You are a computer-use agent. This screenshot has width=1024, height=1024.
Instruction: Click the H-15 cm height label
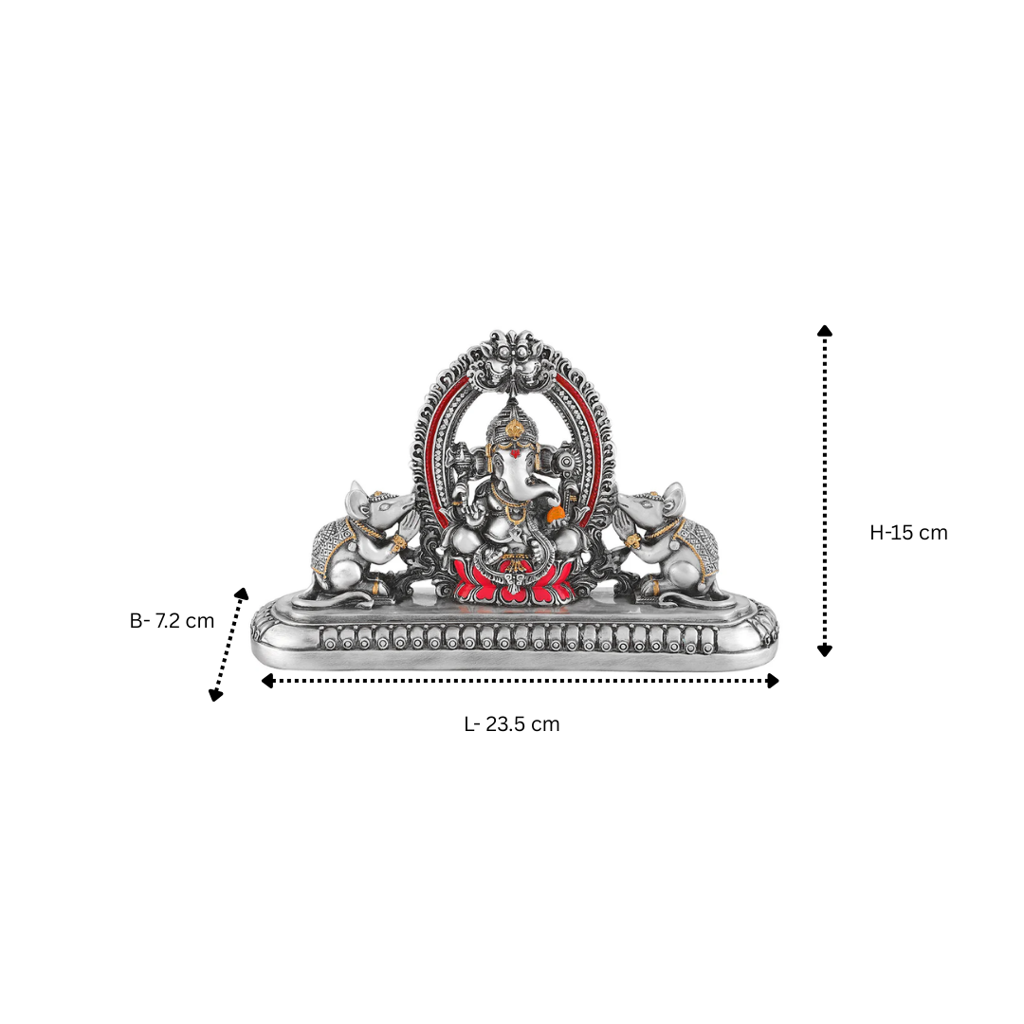[x=908, y=533]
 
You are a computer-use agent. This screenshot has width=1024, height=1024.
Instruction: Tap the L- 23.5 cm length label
[x=512, y=724]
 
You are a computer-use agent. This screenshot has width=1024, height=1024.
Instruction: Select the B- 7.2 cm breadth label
[x=172, y=620]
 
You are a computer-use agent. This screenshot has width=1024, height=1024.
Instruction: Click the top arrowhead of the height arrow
[x=825, y=331]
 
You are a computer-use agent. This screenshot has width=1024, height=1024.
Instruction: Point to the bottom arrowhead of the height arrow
[x=825, y=650]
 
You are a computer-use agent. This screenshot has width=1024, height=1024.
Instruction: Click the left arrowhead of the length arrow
[x=267, y=681]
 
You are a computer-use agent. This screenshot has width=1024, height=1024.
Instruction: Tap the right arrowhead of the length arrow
[x=773, y=681]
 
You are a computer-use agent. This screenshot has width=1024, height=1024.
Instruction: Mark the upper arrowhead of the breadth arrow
[x=243, y=594]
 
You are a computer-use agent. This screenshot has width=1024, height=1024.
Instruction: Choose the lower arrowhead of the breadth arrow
[x=215, y=696]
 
